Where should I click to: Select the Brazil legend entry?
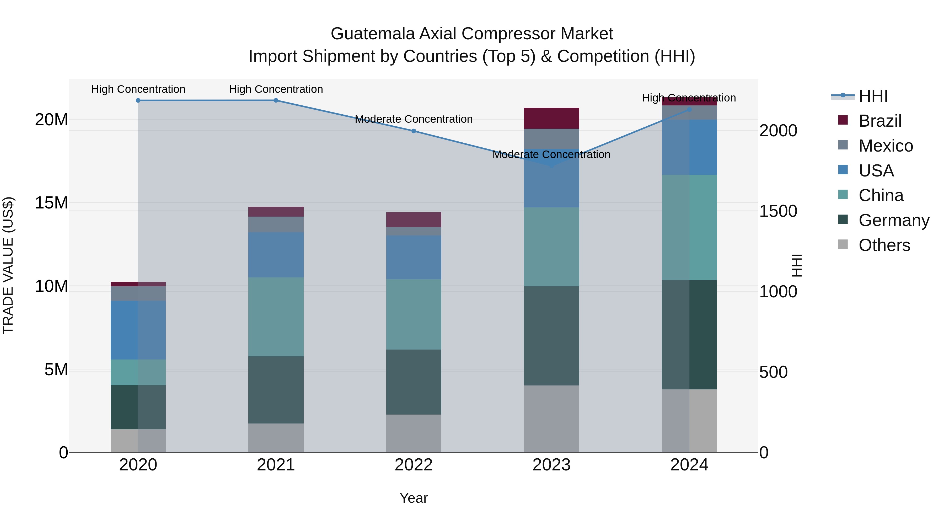pyautogui.click(x=879, y=121)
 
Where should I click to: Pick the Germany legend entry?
pyautogui.click(x=893, y=220)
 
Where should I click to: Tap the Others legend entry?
pyautogui.click(x=884, y=245)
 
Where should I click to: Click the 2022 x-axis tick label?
pyautogui.click(x=413, y=465)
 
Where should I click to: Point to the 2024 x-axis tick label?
pyautogui.click(x=689, y=465)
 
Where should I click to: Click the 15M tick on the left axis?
pyautogui.click(x=51, y=203)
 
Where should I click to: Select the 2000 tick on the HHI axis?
pyautogui.click(x=778, y=131)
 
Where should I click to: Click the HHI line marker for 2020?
pyautogui.click(x=138, y=100)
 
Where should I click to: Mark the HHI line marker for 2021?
pyautogui.click(x=276, y=100)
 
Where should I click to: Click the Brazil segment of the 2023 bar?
pyautogui.click(x=551, y=118)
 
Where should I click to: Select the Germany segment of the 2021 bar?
pyautogui.click(x=276, y=390)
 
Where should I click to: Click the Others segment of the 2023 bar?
pyautogui.click(x=551, y=419)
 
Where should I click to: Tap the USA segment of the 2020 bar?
pyautogui.click(x=138, y=330)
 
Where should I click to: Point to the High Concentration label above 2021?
pyautogui.click(x=276, y=89)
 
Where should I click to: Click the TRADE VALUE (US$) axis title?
pyautogui.click(x=8, y=265)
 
